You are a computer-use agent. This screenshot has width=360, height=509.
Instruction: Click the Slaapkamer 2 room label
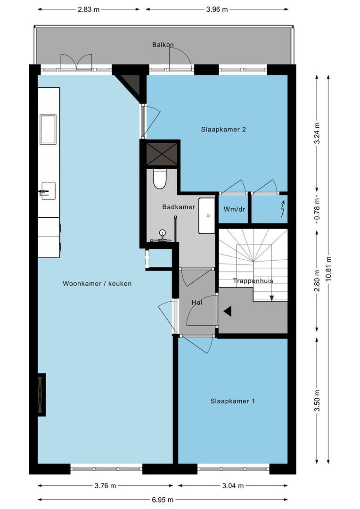223,130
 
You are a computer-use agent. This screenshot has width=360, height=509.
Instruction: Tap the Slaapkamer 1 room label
232,401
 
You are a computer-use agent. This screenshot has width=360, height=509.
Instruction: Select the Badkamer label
179,207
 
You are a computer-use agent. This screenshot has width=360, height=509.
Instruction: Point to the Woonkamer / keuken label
97,284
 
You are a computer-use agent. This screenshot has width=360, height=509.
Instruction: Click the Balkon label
163,44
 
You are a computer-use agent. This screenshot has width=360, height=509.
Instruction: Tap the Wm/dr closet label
234,209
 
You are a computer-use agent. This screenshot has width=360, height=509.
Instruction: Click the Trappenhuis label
253,281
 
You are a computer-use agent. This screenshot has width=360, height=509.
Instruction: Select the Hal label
197,303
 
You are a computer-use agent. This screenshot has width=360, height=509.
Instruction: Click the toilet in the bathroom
160,179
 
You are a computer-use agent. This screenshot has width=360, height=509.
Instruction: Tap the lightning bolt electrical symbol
283,209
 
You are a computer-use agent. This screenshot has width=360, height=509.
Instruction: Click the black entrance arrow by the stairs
228,312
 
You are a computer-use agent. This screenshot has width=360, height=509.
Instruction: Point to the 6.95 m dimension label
163,500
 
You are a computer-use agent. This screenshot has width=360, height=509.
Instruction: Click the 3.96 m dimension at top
217,9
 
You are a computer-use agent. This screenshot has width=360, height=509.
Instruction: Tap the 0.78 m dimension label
318,209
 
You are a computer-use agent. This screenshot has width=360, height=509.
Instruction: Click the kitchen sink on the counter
48,129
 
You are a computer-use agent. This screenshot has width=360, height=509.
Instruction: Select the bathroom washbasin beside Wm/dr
207,215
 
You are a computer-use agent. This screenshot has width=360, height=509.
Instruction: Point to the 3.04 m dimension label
233,486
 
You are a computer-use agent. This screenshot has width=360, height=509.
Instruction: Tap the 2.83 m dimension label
89,9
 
